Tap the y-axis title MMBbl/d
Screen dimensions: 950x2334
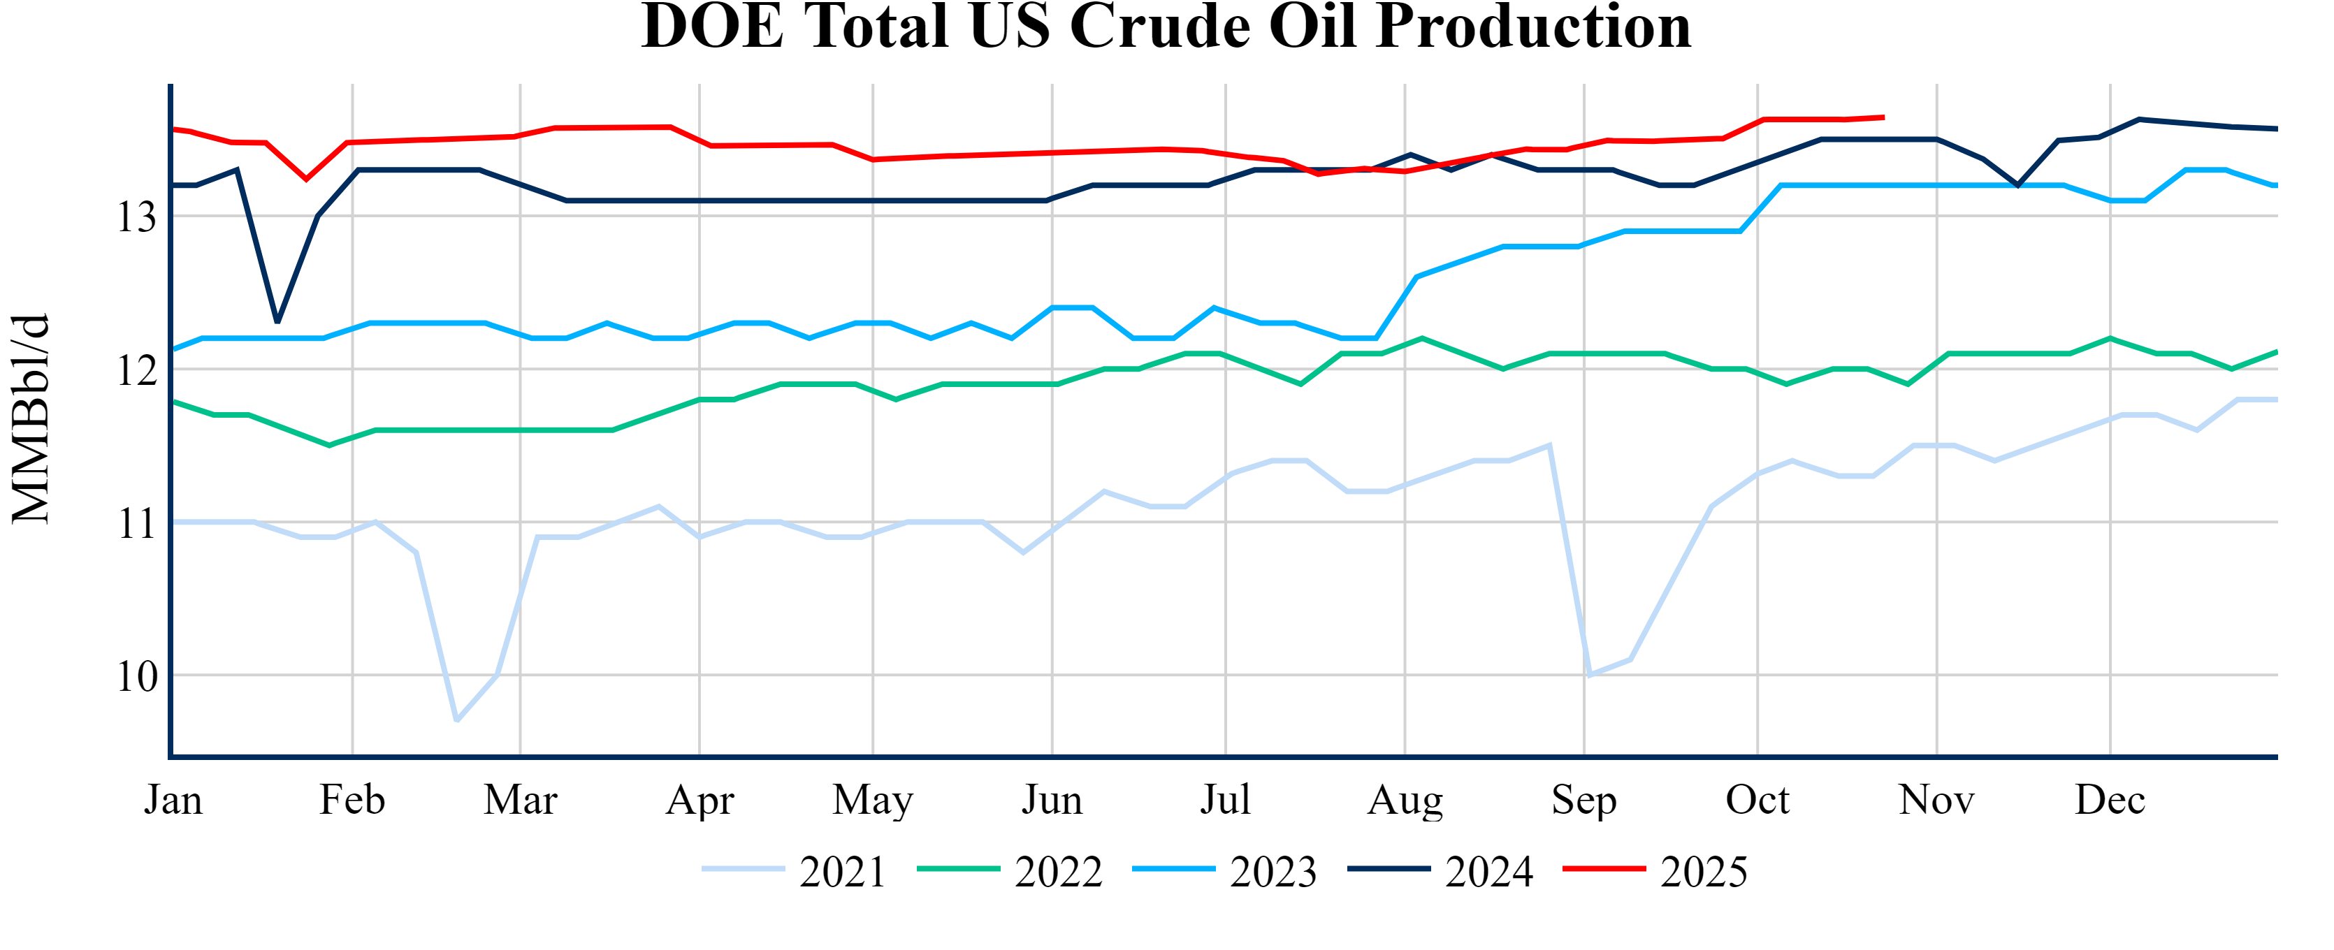(31, 418)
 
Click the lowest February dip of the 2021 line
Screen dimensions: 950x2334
(456, 720)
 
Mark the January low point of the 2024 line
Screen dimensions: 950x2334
(277, 321)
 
